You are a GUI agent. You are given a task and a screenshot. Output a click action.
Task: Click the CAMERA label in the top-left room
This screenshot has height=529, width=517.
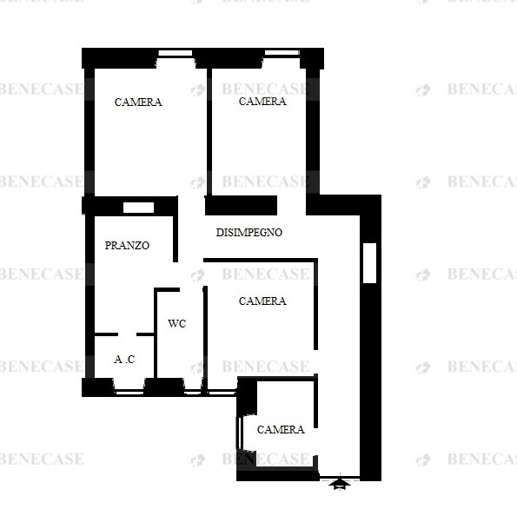click(138, 102)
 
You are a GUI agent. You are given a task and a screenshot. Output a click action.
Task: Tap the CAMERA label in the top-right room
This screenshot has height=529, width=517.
click(262, 102)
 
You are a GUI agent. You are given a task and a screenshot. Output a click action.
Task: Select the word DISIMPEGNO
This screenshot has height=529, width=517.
click(249, 233)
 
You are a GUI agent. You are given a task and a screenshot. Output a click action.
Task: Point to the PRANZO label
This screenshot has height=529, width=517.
click(127, 245)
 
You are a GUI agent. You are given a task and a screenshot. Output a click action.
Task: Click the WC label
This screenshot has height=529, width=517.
click(177, 323)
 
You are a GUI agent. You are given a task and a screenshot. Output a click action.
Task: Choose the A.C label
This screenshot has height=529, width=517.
click(124, 360)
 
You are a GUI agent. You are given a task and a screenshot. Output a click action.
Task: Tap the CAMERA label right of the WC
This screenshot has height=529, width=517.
click(262, 301)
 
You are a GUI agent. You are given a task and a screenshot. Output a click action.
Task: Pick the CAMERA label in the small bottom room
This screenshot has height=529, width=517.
click(281, 429)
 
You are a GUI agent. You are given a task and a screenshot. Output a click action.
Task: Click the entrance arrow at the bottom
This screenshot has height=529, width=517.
click(340, 483)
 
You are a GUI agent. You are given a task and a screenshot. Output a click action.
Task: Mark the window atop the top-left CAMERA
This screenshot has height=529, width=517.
click(176, 53)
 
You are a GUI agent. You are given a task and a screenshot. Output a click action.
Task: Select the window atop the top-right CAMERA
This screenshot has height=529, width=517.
click(282, 53)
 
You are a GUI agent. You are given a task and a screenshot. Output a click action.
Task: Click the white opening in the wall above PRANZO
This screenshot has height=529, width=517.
click(138, 208)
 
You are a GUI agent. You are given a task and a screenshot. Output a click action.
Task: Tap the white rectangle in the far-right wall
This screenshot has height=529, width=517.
click(369, 263)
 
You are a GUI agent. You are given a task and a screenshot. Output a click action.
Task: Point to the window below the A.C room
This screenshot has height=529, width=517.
click(129, 393)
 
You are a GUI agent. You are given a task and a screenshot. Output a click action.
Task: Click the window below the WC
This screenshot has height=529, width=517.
click(194, 393)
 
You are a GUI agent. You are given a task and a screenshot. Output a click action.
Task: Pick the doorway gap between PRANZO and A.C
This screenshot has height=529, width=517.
click(127, 334)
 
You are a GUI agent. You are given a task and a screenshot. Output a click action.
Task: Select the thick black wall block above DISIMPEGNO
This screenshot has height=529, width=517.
click(241, 205)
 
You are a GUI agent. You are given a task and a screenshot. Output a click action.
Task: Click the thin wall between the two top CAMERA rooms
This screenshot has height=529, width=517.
click(209, 131)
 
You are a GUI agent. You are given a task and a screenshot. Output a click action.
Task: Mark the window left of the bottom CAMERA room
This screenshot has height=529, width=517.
click(240, 433)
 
